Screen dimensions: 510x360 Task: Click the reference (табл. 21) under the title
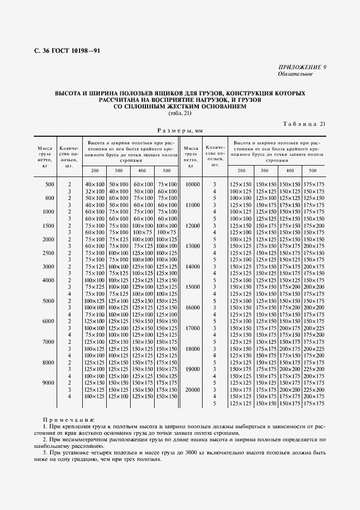[x=180, y=113]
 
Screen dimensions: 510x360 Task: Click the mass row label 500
[x=50, y=185]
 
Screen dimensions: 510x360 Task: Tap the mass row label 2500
[x=48, y=253]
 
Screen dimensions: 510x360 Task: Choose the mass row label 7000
[x=48, y=342]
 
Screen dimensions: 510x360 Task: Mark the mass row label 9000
[x=48, y=382]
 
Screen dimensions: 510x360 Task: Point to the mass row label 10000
[x=192, y=185]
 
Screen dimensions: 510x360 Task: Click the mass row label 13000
[x=192, y=246]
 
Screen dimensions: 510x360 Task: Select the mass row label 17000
[x=192, y=328]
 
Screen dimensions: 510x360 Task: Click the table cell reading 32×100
[x=94, y=192]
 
